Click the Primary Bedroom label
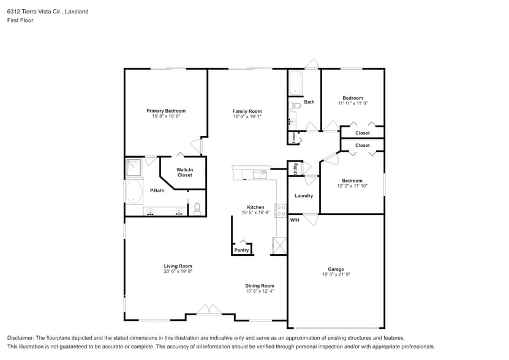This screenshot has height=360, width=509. coord(166,111)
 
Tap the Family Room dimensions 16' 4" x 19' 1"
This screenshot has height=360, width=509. coord(247,116)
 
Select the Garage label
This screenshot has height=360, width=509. coord(336,269)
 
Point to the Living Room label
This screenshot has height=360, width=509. coord(178,266)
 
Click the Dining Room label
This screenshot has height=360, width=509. coord(260,285)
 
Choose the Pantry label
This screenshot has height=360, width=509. coord(242,250)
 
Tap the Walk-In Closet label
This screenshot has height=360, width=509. coord(184,173)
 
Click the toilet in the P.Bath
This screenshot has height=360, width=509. coord(197,209)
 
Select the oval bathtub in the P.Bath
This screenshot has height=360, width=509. coord(134,191)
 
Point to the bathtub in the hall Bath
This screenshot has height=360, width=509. coord(295,83)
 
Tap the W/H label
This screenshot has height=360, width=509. coord(295,220)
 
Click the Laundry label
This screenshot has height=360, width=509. coord(304,196)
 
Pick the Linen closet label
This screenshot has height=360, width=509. coord(294,138)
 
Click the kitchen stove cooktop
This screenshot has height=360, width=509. coord(281,211)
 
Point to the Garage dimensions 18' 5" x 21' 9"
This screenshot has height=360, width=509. coord(336,275)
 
